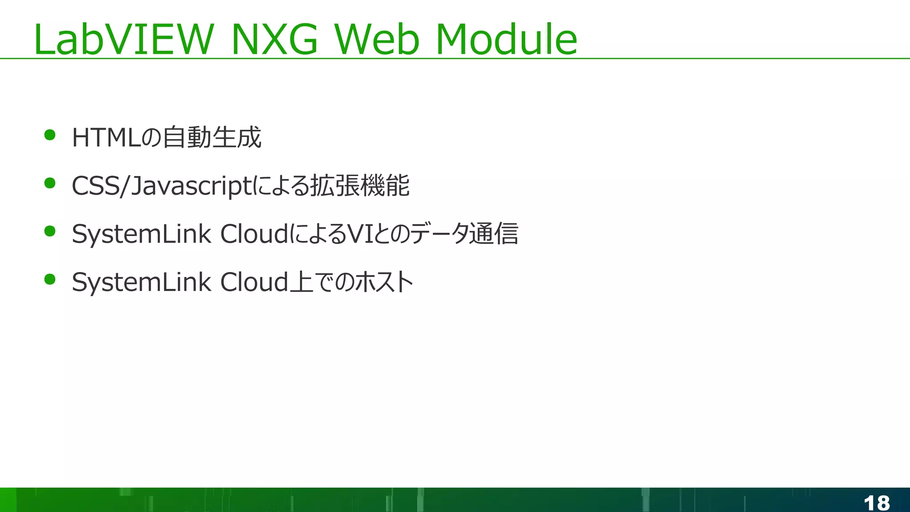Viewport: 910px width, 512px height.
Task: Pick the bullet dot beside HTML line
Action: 50,135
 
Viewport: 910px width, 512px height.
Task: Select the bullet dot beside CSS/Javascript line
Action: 50,183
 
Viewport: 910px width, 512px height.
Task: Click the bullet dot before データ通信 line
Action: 50,231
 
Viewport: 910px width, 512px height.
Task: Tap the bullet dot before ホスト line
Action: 50,279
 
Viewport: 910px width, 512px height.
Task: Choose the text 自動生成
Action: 212,137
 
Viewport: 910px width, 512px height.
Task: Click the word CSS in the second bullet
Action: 95,185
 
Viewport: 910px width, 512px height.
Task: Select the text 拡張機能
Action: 359,185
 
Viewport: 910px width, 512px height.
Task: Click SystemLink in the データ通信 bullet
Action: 141,234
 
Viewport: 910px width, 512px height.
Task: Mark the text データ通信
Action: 464,234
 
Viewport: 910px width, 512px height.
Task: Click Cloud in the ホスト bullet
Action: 254,282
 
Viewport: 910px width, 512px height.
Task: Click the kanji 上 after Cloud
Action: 302,282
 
